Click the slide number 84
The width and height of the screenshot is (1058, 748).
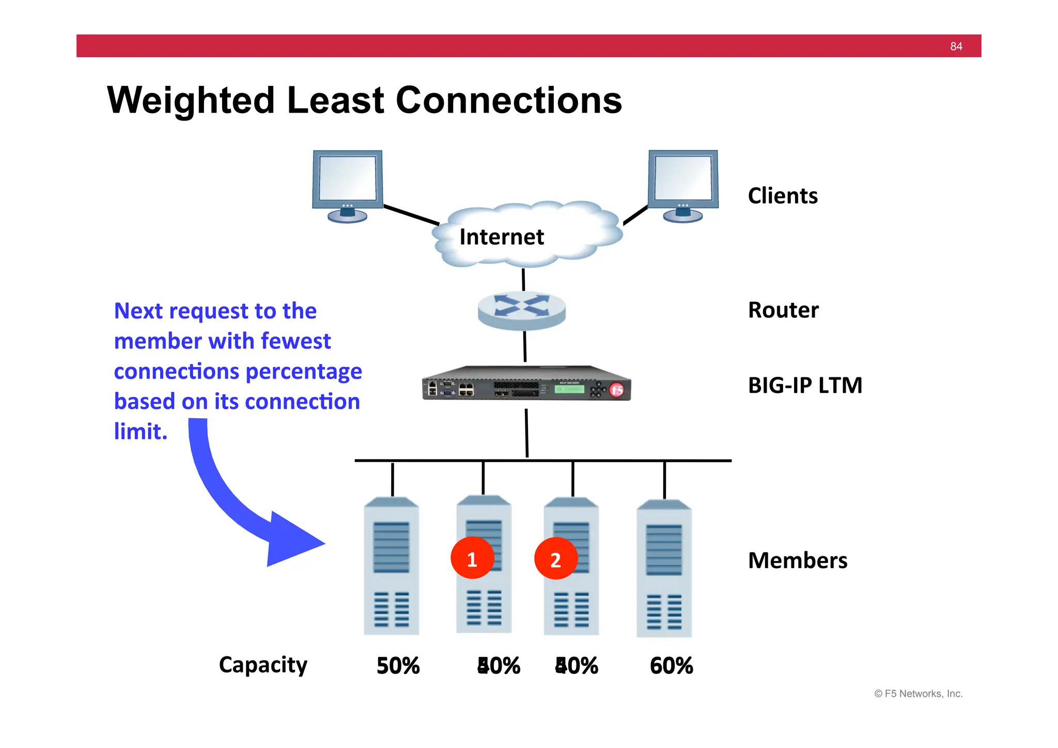(x=956, y=47)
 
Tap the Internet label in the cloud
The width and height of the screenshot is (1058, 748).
(x=501, y=237)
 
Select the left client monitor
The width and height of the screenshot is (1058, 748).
(x=347, y=183)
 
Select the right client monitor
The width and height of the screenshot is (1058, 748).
(x=683, y=183)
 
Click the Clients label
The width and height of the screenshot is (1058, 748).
(x=783, y=196)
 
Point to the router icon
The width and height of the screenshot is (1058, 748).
(x=522, y=310)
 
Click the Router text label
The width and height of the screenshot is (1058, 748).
(x=783, y=310)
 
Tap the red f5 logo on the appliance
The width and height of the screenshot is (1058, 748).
(x=616, y=390)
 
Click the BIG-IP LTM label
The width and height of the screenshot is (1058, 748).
(x=805, y=386)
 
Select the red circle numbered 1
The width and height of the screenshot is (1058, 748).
(x=472, y=559)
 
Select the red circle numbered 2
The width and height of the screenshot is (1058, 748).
(x=555, y=559)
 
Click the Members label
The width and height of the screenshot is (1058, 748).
(x=798, y=560)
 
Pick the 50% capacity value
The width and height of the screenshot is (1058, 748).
(x=398, y=666)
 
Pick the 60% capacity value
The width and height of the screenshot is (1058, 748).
(x=671, y=666)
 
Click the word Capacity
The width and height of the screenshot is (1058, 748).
(x=263, y=665)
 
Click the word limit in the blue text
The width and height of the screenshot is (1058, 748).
(x=140, y=432)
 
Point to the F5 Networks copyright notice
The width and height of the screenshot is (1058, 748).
(x=918, y=694)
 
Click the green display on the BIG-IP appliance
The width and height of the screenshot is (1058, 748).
(x=569, y=389)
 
